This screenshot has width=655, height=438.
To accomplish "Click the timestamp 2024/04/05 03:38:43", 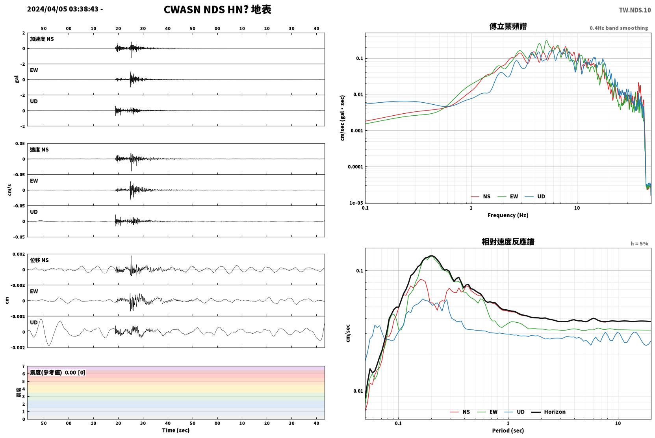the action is tap(63, 9).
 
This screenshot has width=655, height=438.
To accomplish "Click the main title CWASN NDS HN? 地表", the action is tap(217, 9).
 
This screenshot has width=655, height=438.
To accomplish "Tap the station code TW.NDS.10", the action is tap(635, 10).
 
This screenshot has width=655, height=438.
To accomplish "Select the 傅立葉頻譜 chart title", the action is tap(508, 26).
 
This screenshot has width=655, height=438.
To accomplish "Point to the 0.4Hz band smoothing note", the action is tap(619, 28).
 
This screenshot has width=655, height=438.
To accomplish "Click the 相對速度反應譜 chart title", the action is tap(508, 242).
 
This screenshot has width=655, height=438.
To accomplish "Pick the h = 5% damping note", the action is tap(639, 243).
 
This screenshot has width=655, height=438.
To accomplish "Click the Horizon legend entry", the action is tap(549, 412).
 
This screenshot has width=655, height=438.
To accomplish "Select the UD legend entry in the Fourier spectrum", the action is tap(535, 196).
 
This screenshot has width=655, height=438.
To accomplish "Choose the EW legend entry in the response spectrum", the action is tap(487, 412).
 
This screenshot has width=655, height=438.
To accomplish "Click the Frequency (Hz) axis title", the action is tap(508, 215).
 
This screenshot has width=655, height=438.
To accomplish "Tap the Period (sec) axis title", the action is tap(508, 431).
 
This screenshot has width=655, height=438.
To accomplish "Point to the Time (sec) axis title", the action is tap(176, 430).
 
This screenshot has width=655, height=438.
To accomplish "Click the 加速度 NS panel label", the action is tap(42, 39).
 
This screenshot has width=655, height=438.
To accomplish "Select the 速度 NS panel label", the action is tap(39, 150).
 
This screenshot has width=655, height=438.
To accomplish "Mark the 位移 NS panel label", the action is tap(39, 260).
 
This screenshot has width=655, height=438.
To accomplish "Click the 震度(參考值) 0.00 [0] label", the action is tap(58, 373).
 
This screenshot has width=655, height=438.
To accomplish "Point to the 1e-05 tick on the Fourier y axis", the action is tap(356, 203).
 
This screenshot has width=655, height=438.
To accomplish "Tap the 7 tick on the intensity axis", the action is tap(24, 366).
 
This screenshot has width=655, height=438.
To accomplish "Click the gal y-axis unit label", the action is tap(17, 79).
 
